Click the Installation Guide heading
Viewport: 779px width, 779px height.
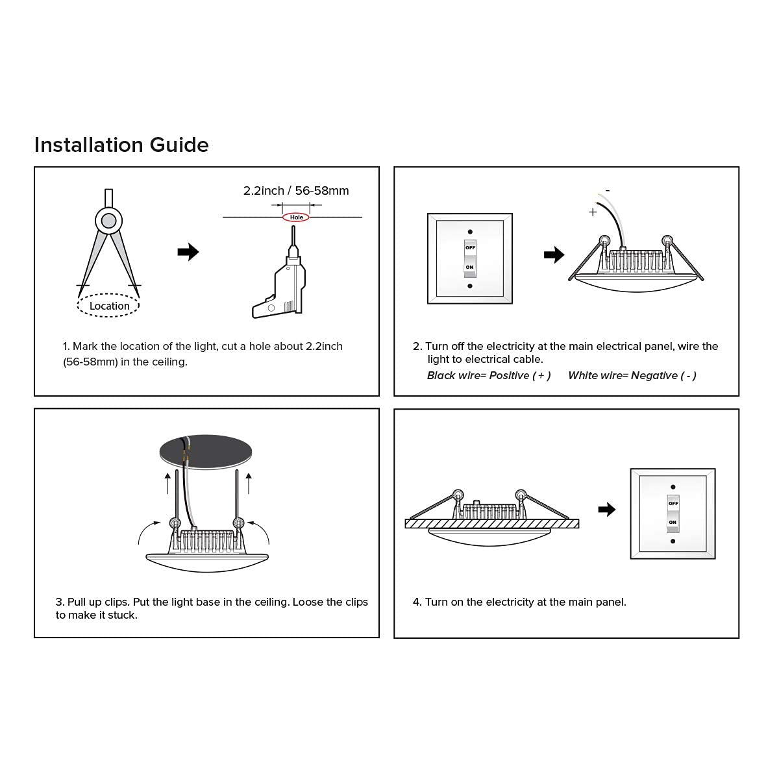(121, 145)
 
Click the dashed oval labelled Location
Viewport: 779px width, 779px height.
(108, 306)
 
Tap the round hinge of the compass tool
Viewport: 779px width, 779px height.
(108, 221)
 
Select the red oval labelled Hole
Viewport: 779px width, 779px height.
(296, 217)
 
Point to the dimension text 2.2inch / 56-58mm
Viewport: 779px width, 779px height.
(296, 191)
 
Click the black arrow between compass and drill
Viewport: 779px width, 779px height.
(188, 252)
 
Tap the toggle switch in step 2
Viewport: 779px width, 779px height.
(469, 258)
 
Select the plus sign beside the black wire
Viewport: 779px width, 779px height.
(592, 212)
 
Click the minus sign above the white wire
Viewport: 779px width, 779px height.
(608, 190)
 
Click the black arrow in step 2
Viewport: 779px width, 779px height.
(554, 255)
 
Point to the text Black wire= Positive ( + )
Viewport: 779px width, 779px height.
(489, 376)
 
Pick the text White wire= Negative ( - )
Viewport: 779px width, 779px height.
(632, 376)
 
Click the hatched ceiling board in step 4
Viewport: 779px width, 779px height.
(491, 524)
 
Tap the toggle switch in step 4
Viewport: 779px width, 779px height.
(673, 513)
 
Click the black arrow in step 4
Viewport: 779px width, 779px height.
(606, 510)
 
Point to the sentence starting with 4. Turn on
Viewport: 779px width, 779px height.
(519, 602)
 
